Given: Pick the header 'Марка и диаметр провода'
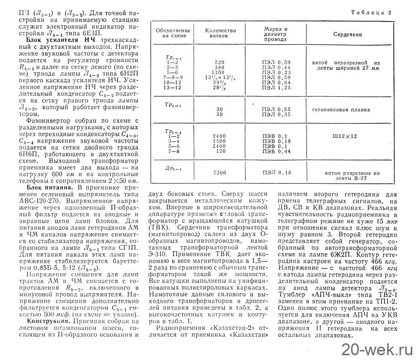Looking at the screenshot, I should pos(276,34).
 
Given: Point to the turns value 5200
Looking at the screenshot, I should pos(220,172).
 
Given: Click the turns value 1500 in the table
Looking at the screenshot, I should pos(220,141).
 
